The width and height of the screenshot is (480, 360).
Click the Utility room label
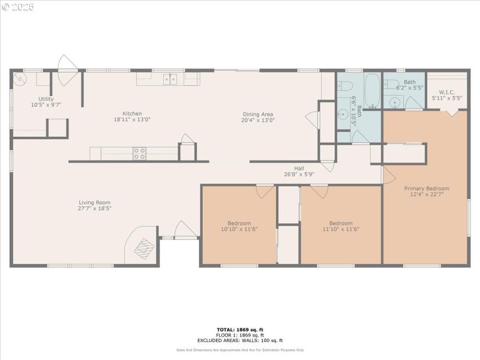tap(46, 99)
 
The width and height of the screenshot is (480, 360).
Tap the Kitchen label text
tap(132, 113)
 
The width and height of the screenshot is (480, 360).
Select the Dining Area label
tap(258, 114)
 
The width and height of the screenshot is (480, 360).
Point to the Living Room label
tap(95, 202)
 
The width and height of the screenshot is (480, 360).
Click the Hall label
tap(299, 168)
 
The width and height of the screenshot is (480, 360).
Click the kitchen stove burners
tap(139, 154)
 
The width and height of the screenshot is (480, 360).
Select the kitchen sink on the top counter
tap(170, 79)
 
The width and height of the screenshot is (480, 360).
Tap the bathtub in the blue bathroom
tap(372, 90)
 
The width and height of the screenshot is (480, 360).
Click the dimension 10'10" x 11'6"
tap(239, 229)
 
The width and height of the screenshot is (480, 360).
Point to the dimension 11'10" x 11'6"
tap(341, 229)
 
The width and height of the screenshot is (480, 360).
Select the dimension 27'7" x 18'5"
tap(95, 209)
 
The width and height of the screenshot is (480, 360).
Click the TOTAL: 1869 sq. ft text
tap(239, 329)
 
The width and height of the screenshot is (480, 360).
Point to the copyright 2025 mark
tap(18, 7)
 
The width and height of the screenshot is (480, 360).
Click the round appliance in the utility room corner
tap(23, 79)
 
